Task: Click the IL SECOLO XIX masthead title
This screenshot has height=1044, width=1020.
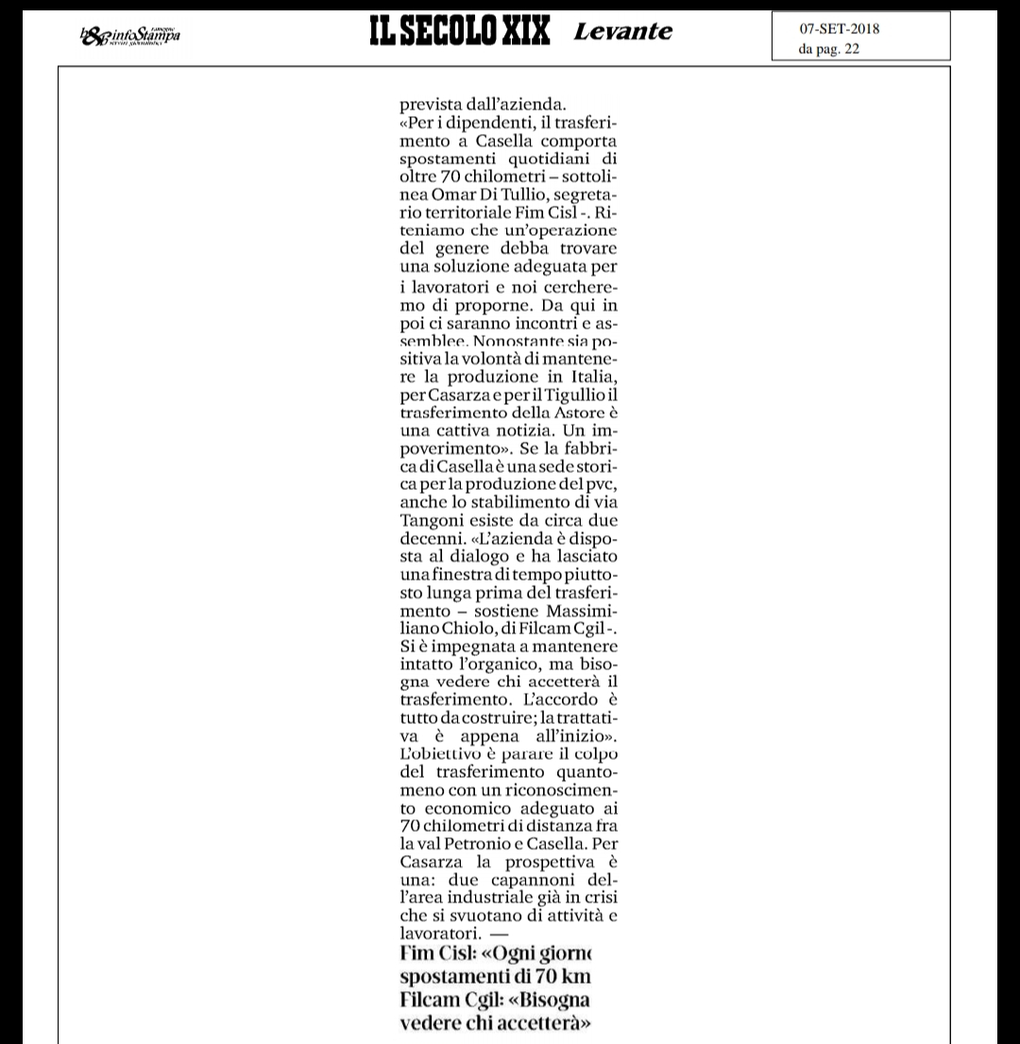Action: coord(459,32)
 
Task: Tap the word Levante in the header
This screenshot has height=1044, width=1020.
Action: coord(623,32)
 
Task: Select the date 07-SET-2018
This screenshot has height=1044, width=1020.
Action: coord(840,29)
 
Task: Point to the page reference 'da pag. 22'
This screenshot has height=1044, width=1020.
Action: coord(829,50)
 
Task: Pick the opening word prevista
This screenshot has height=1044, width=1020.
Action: coord(431,105)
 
